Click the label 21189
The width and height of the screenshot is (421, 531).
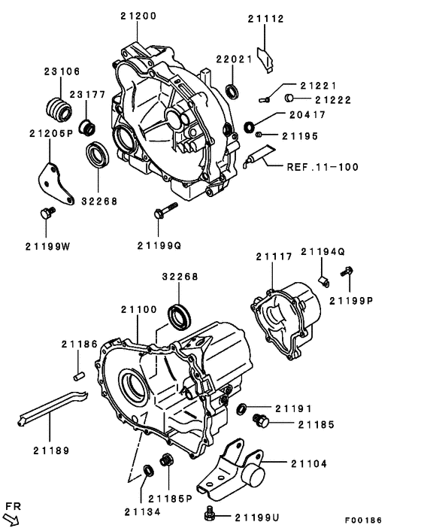coord(51,451)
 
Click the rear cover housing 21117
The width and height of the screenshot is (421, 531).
coord(289,316)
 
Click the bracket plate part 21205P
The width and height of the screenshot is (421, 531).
coord(54,182)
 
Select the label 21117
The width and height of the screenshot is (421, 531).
coord(274,257)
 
